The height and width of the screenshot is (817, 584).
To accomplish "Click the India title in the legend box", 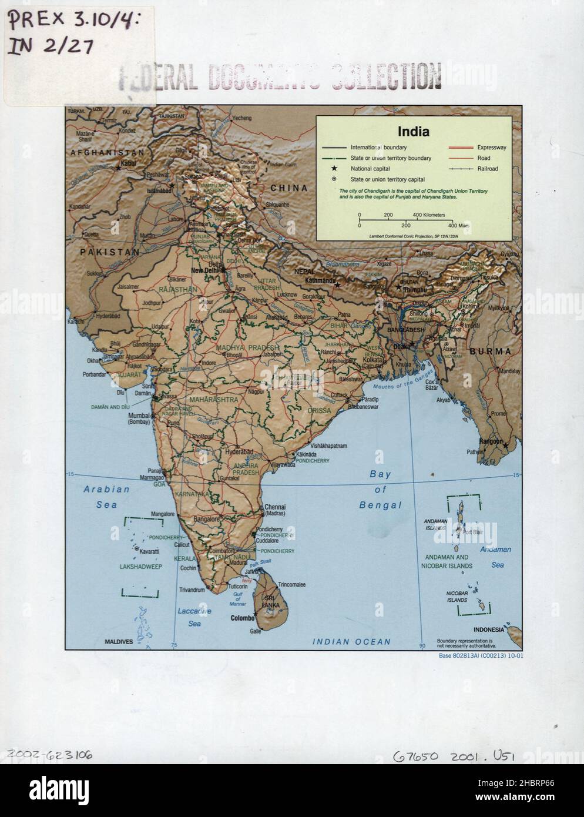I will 413,132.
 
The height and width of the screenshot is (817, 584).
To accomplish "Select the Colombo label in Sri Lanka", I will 241,618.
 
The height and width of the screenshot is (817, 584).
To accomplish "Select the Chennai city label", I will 275,507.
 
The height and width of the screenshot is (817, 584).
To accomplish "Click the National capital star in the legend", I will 334,169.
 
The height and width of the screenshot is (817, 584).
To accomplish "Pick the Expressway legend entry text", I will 492,148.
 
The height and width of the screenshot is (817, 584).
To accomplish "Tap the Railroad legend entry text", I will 488,169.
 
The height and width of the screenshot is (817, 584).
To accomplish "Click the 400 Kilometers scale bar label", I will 429,215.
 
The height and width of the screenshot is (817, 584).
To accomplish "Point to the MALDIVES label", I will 119,642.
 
